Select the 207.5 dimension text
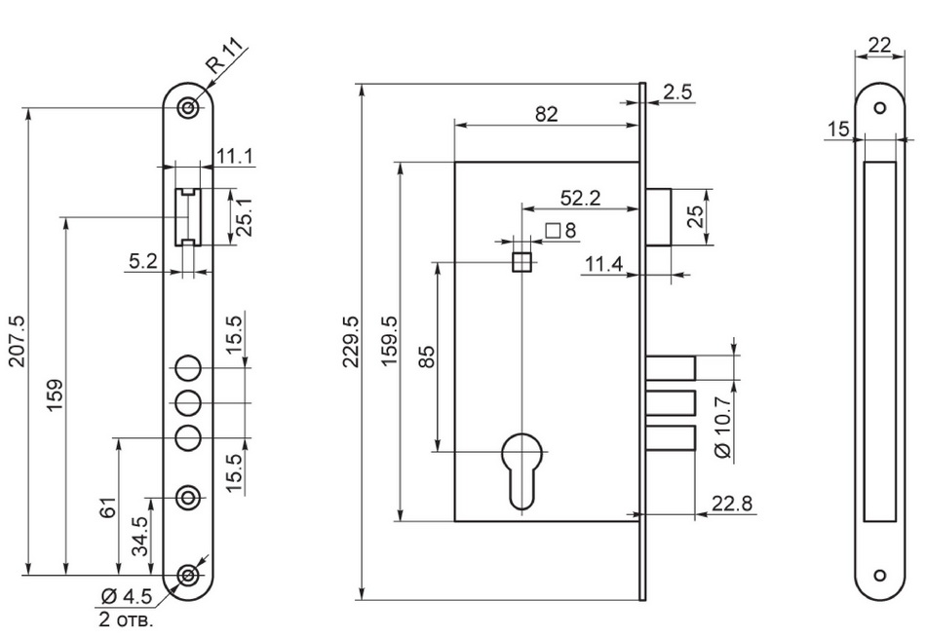click(x=17, y=341)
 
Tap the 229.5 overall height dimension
click(x=353, y=341)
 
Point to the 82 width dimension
click(x=546, y=114)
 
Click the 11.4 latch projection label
click(x=605, y=265)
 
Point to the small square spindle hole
click(x=521, y=261)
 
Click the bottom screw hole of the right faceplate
click(x=879, y=574)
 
